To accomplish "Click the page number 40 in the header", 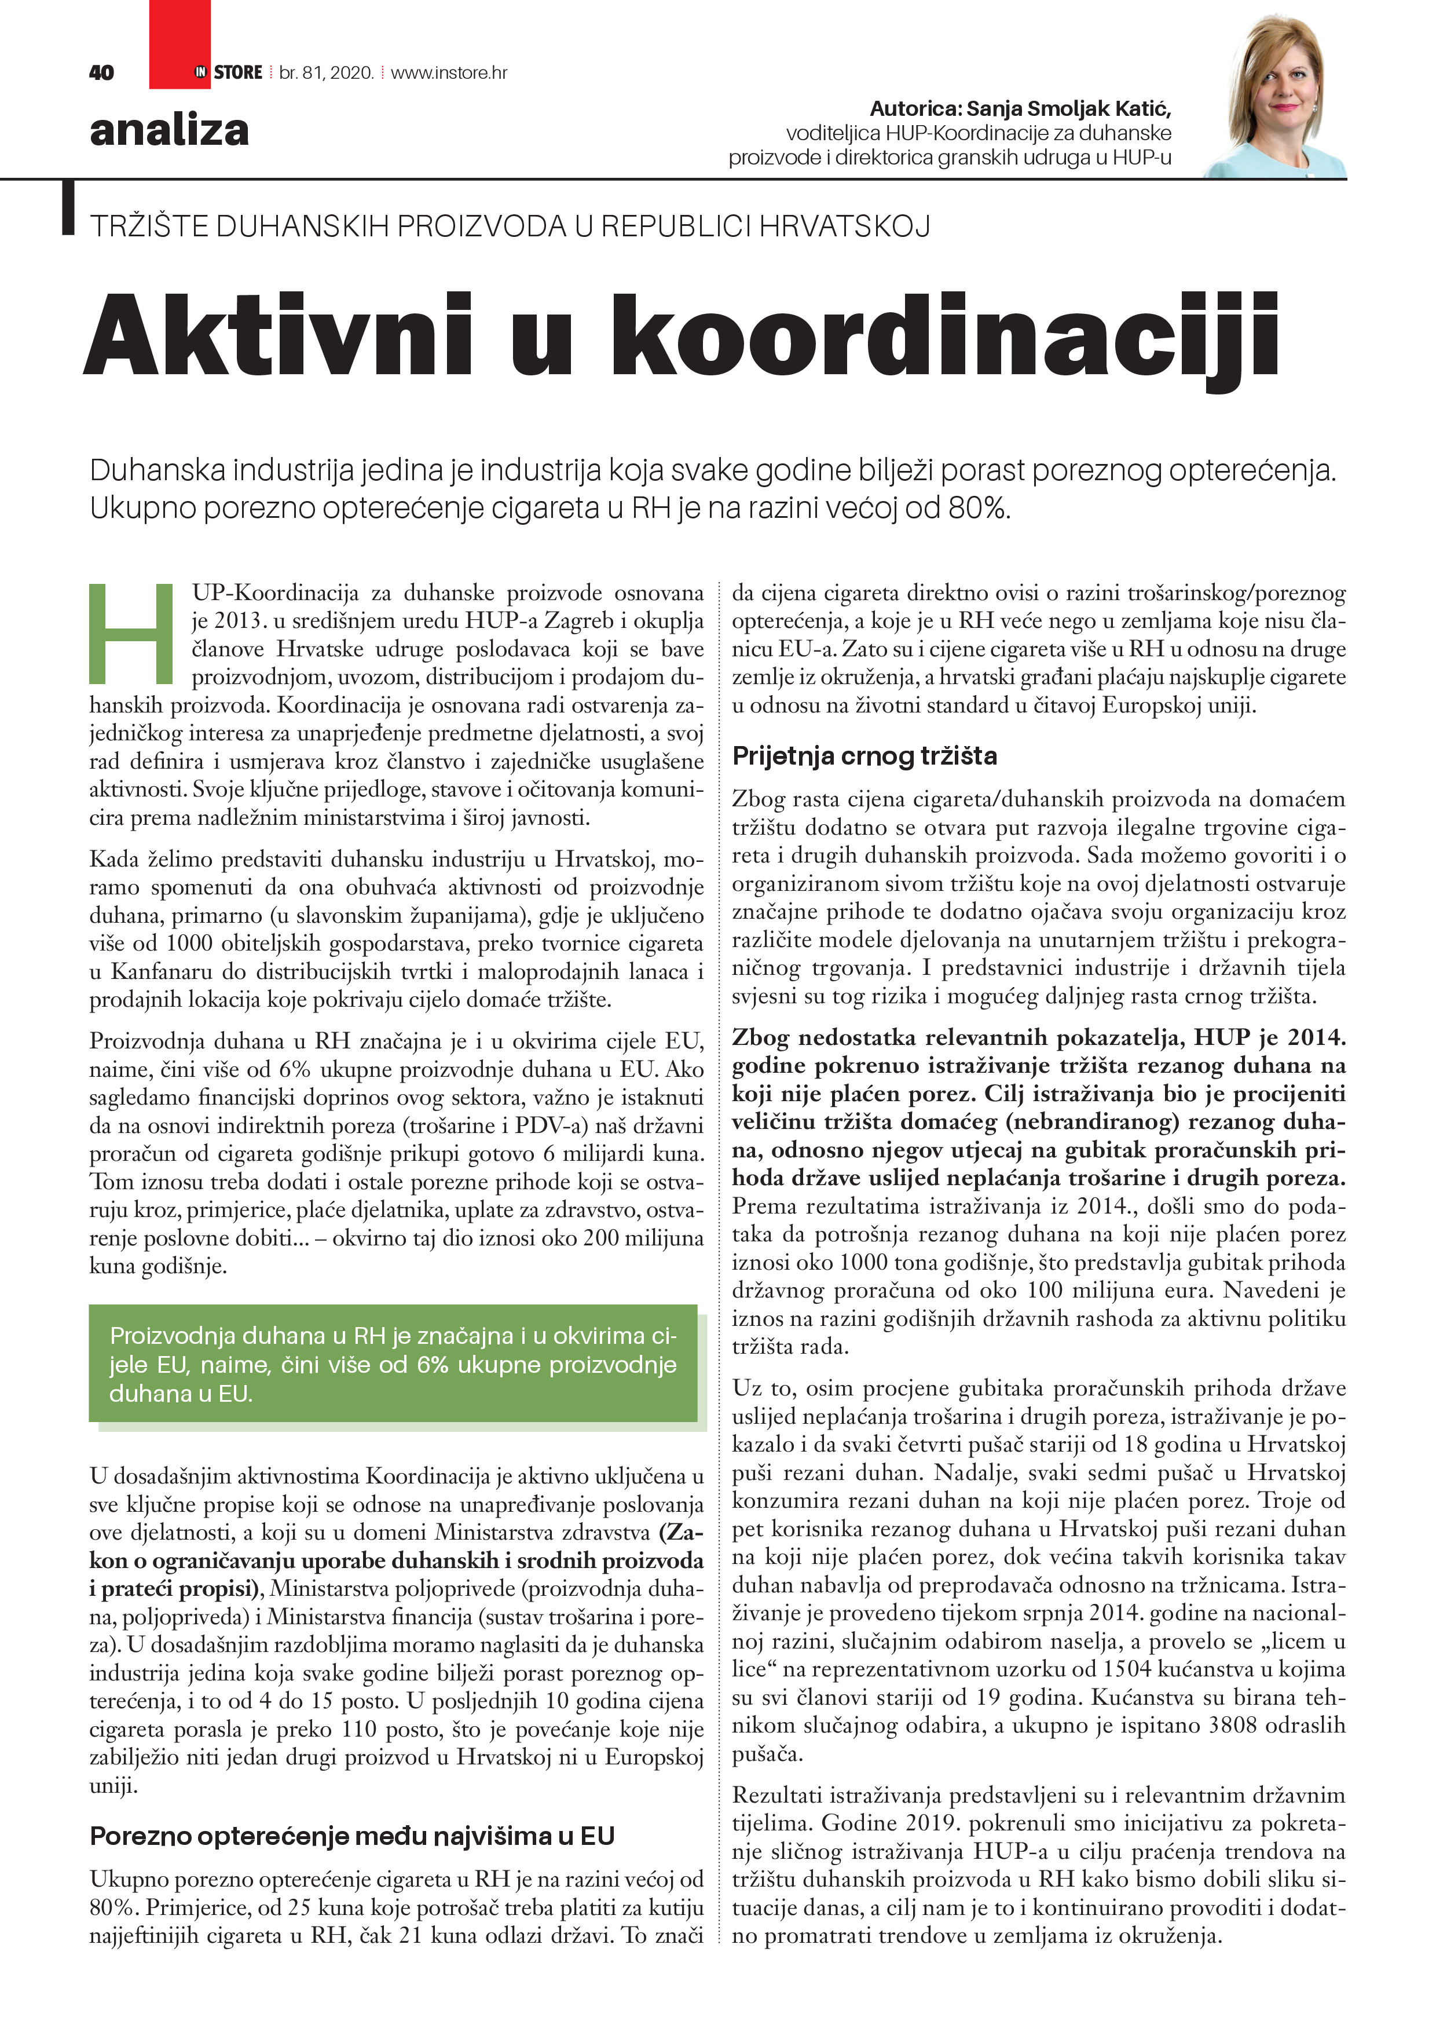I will point(102,72).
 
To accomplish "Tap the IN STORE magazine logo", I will point(228,72).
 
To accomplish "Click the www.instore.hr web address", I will point(449,72).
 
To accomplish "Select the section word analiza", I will point(169,130).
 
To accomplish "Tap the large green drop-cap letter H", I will point(131,633).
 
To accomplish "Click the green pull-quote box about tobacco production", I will point(393,1364).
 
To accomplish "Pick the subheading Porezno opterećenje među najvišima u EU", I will point(352,1836).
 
